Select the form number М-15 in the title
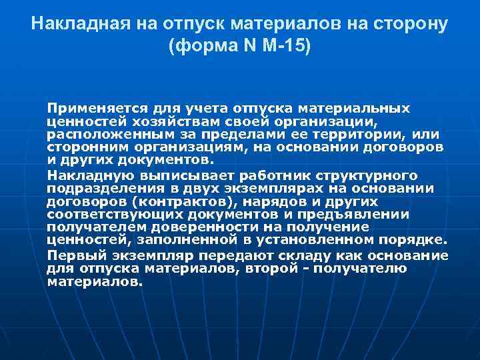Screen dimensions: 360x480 pos(288,48)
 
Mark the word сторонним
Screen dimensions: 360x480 pos(85,147)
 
